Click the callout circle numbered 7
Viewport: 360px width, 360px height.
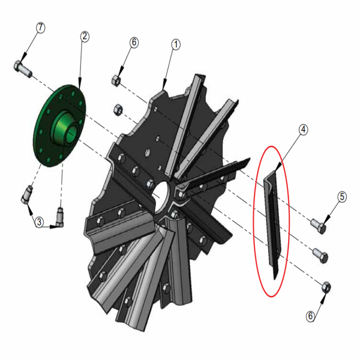pos(41,28)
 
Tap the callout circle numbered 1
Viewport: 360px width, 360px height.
pos(176,44)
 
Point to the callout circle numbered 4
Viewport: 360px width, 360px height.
pos(304,129)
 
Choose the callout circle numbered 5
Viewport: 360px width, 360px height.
pos(341,196)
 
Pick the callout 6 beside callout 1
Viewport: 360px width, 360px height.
pos(134,43)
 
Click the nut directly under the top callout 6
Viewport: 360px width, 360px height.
pos(116,79)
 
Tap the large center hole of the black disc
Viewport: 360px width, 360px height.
pos(160,197)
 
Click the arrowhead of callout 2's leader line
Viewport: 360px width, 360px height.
pos(79,89)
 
